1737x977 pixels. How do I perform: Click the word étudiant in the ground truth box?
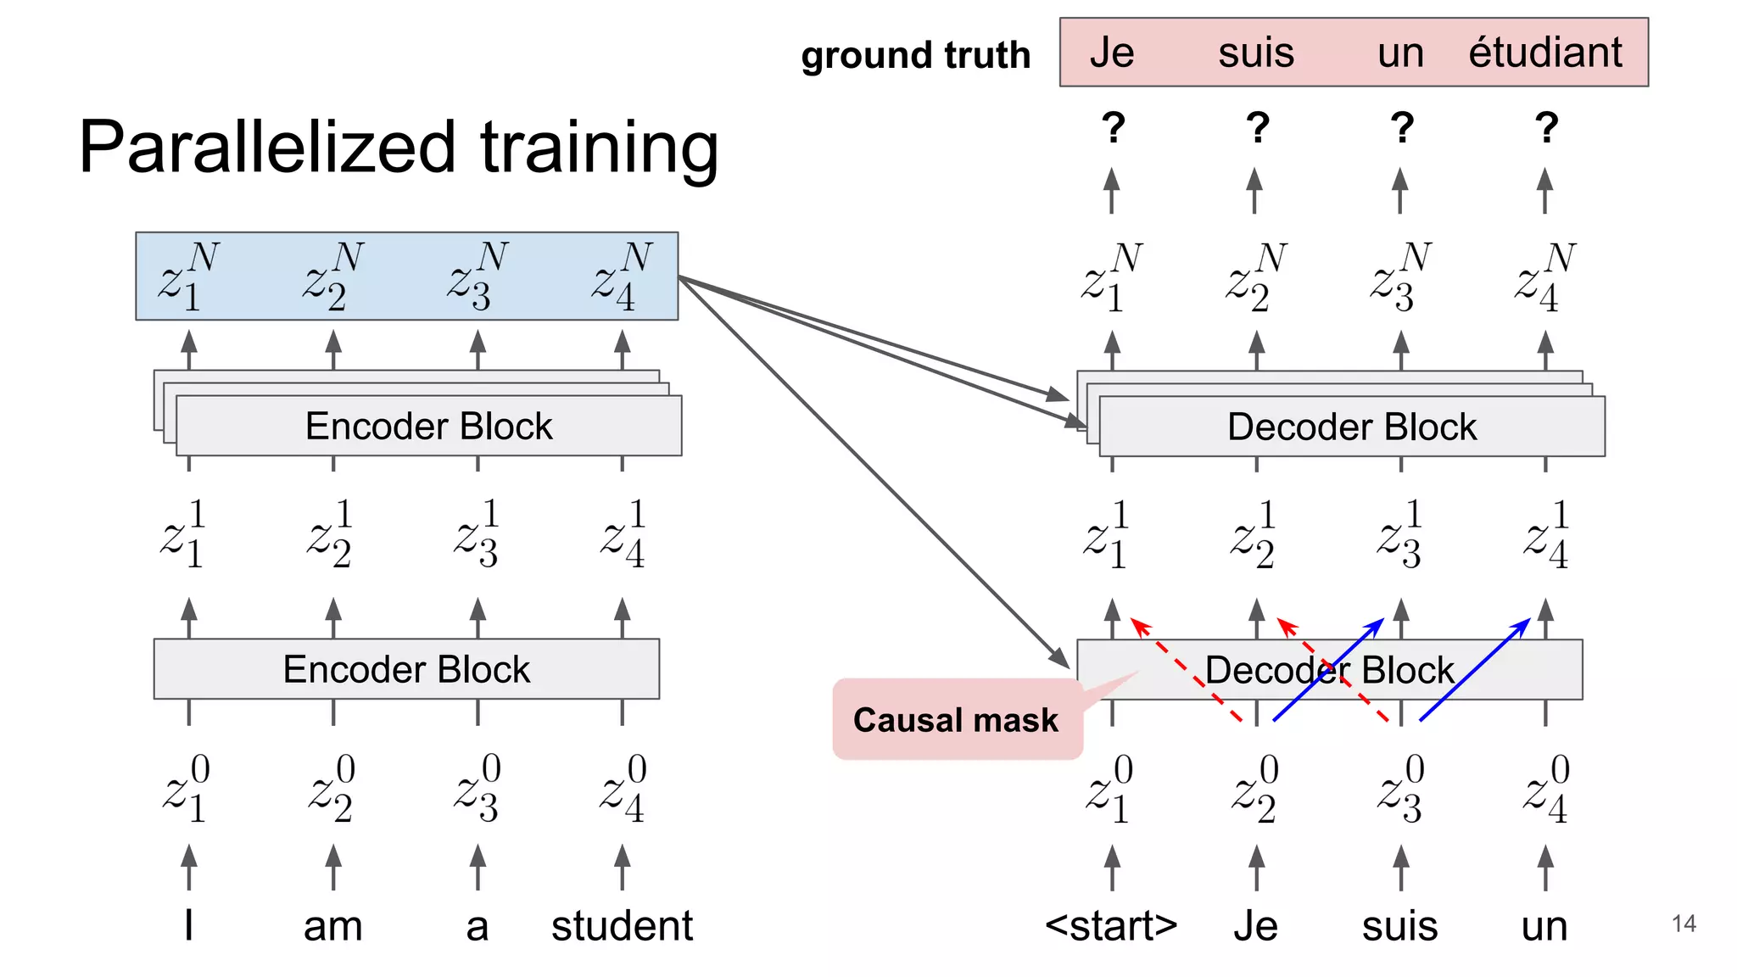pos(1544,53)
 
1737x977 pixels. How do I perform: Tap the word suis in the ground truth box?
pos(1256,53)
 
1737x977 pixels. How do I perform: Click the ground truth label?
pos(915,55)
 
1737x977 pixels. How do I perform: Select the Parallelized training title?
pos(399,147)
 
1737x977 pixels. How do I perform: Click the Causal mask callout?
pos(956,720)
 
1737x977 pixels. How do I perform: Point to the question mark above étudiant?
pos(1546,128)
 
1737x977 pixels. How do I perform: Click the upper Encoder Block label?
pos(428,426)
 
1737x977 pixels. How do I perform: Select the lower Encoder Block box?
pos(406,669)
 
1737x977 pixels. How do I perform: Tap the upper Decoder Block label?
pos(1351,427)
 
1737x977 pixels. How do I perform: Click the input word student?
pos(622,925)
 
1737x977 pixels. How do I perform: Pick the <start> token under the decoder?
pos(1111,925)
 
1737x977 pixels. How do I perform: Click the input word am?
pos(332,925)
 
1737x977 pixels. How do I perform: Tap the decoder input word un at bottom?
pos(1544,925)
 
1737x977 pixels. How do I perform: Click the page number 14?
pos(1684,924)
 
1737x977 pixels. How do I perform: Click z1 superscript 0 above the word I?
pos(187,790)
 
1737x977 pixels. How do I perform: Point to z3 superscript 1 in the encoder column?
pos(477,535)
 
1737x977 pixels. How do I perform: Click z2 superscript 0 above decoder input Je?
pos(1255,790)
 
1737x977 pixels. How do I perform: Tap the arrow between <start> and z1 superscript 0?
pos(1112,867)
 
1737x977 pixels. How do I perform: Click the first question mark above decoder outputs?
pos(1113,128)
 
